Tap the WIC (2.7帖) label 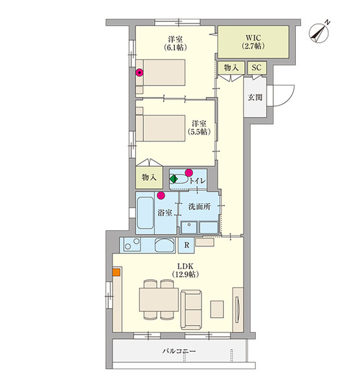point(254,41)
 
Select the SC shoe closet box point(256,67)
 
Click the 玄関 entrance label point(255,98)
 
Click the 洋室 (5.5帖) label point(198,127)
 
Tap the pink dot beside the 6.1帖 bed point(139,72)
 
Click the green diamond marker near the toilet point(174,179)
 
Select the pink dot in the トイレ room point(189,172)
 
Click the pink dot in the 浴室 point(161,195)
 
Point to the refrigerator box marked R point(186,244)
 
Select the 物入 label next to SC point(231,67)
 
